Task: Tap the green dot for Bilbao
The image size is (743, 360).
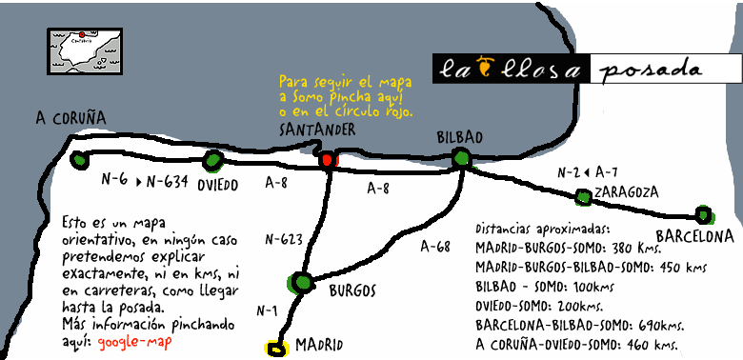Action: point(462,159)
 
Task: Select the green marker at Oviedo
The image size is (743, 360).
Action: point(213,160)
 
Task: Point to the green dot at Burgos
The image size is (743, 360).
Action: point(302,282)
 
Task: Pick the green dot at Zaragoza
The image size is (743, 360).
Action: point(583,197)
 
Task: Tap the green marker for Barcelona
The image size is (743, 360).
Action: point(703,214)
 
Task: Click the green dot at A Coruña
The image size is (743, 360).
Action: point(79,160)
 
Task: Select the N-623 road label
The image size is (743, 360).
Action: point(284,239)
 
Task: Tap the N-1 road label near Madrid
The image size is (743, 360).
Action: point(268,310)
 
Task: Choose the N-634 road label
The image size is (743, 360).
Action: point(168,180)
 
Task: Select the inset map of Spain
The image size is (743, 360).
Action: point(85,50)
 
